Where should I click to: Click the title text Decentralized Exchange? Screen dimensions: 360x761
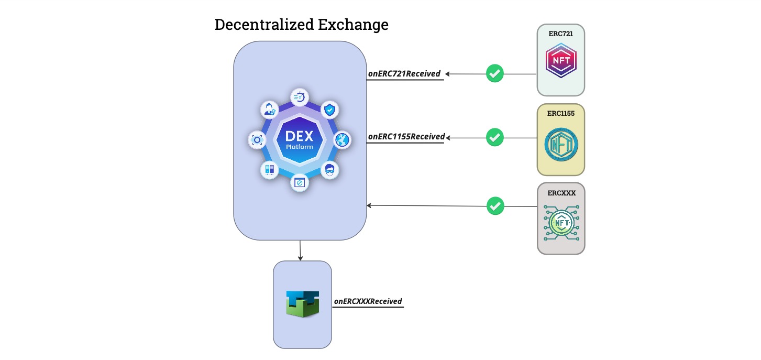click(x=301, y=25)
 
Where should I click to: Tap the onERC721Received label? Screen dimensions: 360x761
click(x=404, y=74)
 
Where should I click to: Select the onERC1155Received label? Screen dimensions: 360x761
click(x=406, y=137)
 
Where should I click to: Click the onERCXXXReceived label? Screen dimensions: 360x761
click(x=368, y=301)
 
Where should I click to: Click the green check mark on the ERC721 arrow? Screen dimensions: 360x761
click(x=495, y=73)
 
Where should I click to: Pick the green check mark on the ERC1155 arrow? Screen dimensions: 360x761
click(x=495, y=138)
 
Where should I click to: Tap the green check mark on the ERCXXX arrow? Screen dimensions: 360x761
click(x=495, y=206)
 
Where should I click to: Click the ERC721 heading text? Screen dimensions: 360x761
click(x=561, y=34)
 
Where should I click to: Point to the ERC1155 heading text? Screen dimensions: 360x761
click(x=561, y=113)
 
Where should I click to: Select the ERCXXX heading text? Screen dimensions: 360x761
click(x=561, y=193)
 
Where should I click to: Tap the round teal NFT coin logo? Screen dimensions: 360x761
click(x=561, y=144)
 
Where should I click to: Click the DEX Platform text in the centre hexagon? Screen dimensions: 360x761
click(x=300, y=140)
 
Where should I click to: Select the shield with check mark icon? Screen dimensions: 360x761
click(x=329, y=110)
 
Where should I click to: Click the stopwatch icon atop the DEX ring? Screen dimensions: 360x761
click(x=300, y=97)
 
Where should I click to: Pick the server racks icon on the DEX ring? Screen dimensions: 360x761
click(x=270, y=170)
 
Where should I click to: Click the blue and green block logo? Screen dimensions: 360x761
click(x=302, y=302)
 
